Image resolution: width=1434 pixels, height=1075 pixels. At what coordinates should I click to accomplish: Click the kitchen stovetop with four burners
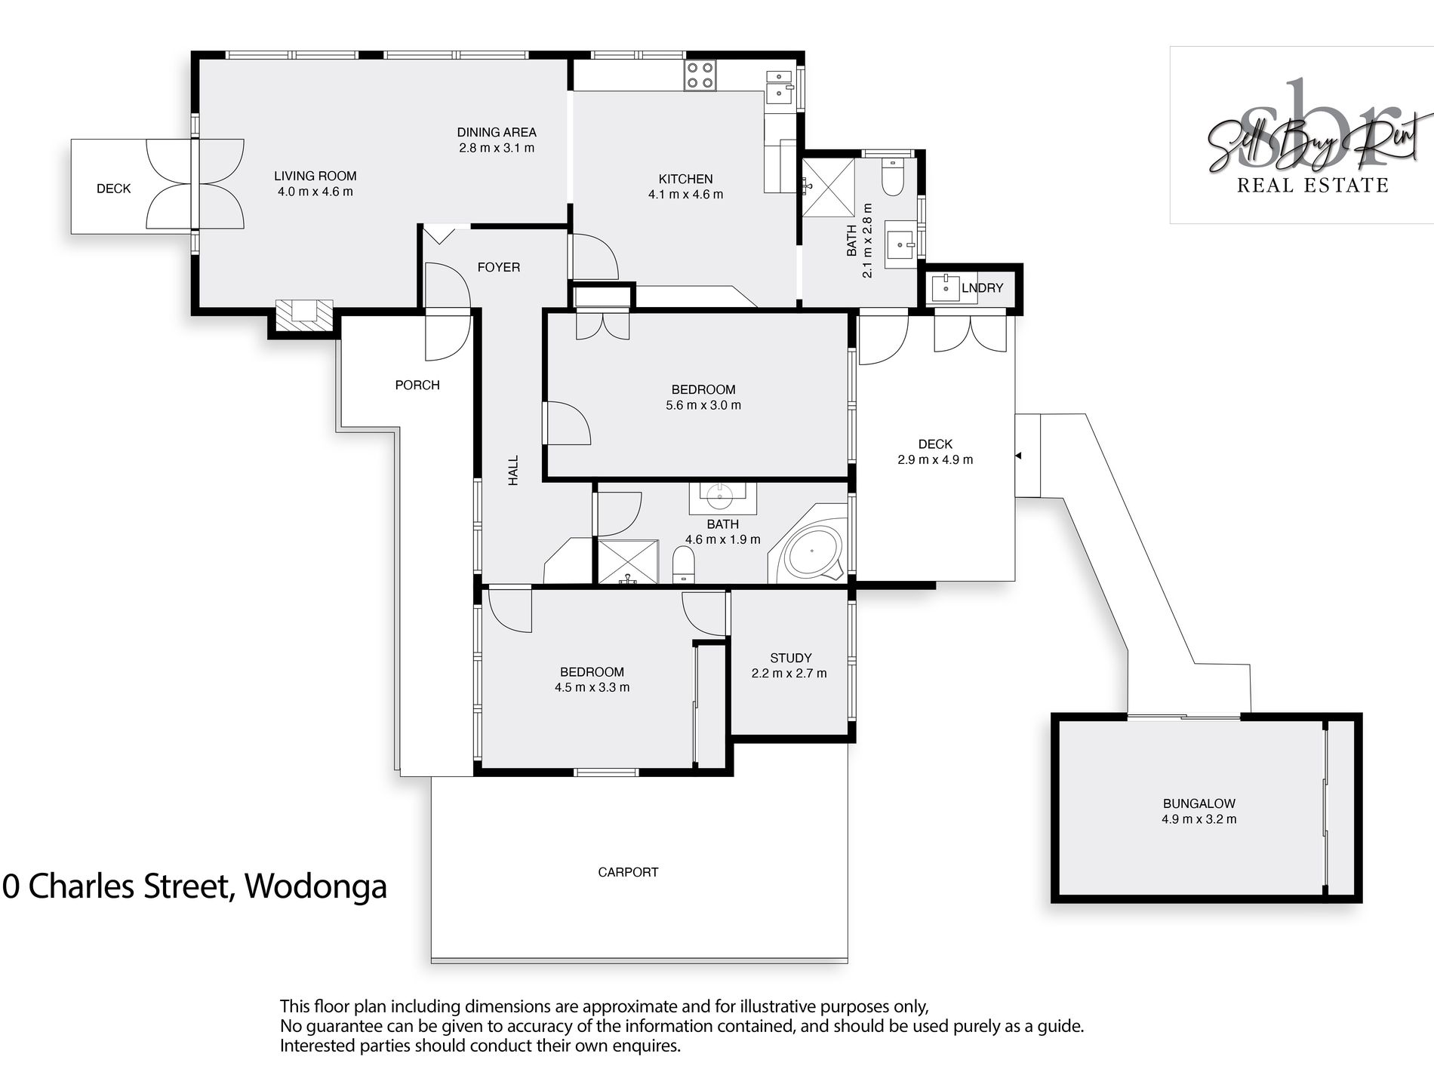(700, 76)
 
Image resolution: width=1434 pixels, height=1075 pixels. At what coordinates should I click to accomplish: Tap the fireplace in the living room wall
(303, 314)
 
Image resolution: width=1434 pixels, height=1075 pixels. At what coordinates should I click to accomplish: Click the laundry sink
(945, 287)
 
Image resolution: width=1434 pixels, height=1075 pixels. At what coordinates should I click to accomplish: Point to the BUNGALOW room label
(1199, 803)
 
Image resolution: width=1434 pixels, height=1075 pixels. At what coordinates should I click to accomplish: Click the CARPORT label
(628, 872)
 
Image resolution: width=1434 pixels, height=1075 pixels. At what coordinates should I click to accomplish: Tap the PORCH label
(417, 385)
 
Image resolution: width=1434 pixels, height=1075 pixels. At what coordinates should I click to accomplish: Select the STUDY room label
(790, 658)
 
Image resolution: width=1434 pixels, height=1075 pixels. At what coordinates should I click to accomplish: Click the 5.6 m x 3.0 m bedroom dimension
(703, 405)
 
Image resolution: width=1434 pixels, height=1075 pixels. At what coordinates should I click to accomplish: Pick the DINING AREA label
(497, 132)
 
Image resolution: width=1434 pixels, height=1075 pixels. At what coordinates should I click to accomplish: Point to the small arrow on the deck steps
(1018, 456)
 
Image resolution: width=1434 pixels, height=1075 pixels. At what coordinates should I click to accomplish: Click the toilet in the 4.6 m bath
(683, 565)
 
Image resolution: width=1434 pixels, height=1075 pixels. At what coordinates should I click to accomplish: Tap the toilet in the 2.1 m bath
(892, 177)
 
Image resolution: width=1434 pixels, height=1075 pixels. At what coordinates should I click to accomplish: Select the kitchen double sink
(779, 87)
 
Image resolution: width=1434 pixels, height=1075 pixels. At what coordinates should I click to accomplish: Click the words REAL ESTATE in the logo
(1312, 185)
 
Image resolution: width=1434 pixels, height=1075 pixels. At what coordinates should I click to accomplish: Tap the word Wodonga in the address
(316, 886)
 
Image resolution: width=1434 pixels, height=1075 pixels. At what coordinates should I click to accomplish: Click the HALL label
(513, 470)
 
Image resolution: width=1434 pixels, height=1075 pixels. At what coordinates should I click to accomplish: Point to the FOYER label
(499, 267)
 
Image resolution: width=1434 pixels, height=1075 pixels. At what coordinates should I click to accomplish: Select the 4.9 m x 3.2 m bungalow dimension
(1199, 819)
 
